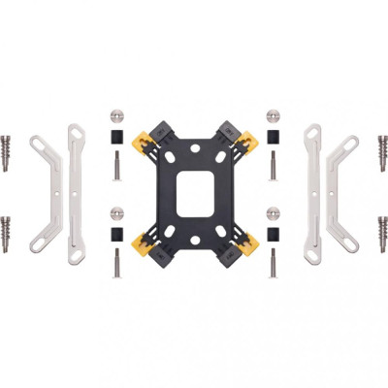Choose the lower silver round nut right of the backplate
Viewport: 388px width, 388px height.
click(273, 210)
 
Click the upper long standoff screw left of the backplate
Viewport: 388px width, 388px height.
click(116, 166)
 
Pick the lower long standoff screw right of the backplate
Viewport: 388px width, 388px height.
click(273, 262)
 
